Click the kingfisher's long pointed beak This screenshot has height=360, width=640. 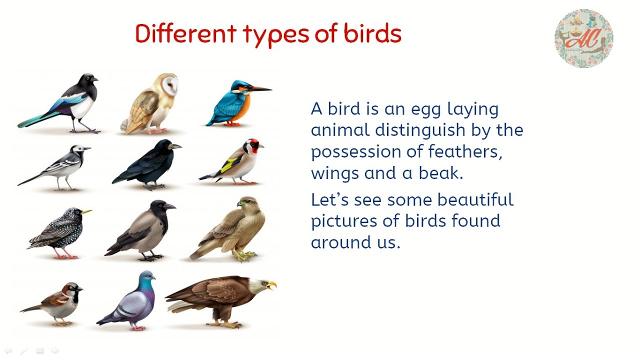pos(257,90)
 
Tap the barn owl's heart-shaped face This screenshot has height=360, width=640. pos(168,87)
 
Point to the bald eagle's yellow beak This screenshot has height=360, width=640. pos(271,285)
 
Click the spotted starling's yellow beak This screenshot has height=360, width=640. pos(86,212)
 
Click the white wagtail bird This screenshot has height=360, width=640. pos(60,167)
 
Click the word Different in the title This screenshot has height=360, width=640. pos(185,34)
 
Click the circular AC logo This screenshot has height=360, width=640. pos(583,38)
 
